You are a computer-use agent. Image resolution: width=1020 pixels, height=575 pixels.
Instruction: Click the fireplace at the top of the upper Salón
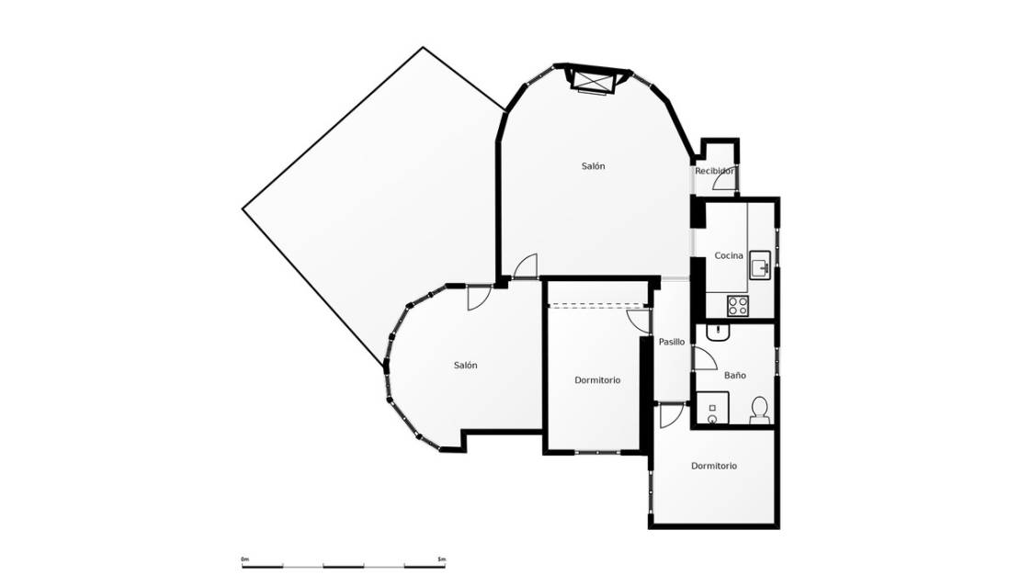point(593,81)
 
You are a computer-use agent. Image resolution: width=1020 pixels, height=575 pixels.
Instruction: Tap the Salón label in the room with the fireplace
point(594,166)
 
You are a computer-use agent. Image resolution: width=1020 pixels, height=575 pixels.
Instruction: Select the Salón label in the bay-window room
point(466,366)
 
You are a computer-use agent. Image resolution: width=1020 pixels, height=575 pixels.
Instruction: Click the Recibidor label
point(714,171)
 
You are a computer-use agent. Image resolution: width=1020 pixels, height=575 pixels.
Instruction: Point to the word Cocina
point(729,255)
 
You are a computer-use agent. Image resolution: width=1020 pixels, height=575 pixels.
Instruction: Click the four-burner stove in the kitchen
point(738,305)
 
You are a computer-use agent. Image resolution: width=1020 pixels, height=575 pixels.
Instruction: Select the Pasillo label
point(672,342)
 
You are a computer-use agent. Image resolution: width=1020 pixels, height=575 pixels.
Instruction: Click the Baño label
point(735,376)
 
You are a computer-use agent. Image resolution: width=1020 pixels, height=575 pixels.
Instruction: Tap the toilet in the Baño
point(760,409)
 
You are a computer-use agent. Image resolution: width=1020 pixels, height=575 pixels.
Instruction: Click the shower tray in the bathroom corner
point(712,409)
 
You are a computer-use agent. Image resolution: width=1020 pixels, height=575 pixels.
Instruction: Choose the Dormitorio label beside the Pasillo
point(597,380)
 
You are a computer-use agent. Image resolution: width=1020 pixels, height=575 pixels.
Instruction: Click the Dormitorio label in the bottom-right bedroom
point(714,467)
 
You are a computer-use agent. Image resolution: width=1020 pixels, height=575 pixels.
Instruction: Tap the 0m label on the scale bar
point(244,559)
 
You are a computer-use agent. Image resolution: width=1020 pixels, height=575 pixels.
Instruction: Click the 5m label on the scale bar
point(442,559)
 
